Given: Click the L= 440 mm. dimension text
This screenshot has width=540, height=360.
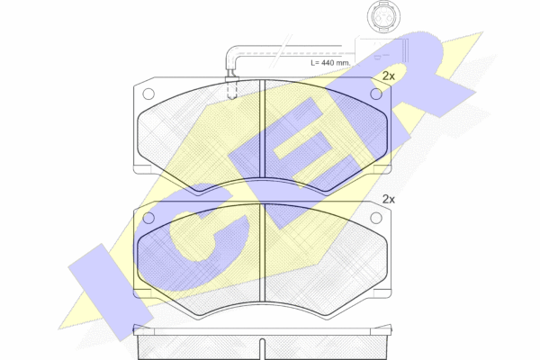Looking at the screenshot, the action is [330, 63].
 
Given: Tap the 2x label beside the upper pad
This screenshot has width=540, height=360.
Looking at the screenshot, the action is [389, 76].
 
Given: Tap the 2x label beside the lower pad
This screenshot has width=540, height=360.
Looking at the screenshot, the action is [389, 200].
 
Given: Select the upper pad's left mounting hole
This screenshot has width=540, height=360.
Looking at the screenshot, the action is [148, 94].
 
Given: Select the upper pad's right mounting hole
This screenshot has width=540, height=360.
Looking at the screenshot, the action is [376, 94].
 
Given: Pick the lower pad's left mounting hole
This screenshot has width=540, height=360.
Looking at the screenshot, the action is [148, 218].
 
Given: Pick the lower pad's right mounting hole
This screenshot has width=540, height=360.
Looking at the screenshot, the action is [376, 218].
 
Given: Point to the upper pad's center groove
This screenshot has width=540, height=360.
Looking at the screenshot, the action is [262, 130].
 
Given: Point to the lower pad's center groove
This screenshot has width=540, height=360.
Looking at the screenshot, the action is [262, 253].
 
